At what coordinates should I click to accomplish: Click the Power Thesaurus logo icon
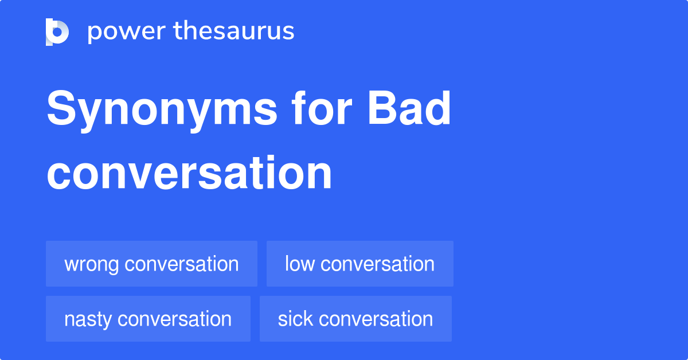[x=57, y=32]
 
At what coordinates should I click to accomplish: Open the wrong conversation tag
[x=151, y=264]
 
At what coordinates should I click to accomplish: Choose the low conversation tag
[x=359, y=264]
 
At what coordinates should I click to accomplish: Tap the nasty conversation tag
[x=148, y=319]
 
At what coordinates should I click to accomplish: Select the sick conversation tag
[x=355, y=319]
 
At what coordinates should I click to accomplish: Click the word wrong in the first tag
[x=92, y=264]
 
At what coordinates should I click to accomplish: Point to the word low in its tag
[x=299, y=264]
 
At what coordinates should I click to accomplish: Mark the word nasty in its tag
[x=88, y=319]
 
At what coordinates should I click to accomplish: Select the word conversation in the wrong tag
[x=181, y=264]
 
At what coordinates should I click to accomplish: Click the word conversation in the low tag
[x=377, y=264]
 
